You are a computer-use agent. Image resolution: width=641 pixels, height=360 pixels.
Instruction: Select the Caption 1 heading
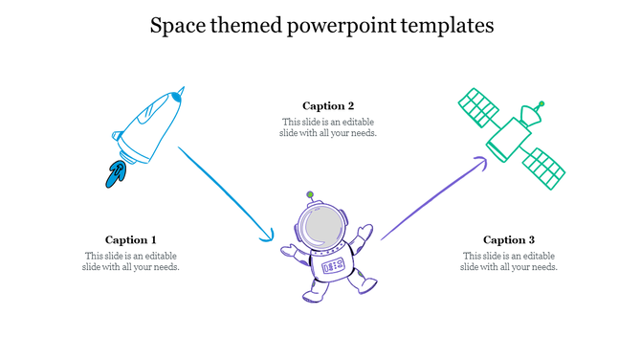[x=131, y=239]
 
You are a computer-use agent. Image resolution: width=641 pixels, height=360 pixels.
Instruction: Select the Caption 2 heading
[x=328, y=105]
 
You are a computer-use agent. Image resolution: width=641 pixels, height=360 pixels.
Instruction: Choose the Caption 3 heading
[x=508, y=239]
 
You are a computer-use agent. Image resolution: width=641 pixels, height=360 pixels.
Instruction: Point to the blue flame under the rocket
[x=117, y=173]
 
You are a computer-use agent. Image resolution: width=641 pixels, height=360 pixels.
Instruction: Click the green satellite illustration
[x=511, y=140]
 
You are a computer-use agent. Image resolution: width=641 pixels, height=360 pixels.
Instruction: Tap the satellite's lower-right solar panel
[x=547, y=169]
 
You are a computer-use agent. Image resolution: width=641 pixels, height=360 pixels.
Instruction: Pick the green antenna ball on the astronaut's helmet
[x=310, y=194]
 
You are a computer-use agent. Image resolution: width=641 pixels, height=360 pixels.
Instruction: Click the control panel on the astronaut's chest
[x=332, y=265]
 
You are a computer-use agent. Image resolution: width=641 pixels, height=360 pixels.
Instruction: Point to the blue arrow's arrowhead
[x=268, y=236]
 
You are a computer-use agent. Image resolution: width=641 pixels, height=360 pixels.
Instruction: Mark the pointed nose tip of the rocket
[x=182, y=91]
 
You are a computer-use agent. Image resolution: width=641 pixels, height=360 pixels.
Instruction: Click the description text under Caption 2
[x=328, y=127]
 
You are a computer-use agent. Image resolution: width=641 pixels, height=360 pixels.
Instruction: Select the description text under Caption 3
[x=508, y=261]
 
